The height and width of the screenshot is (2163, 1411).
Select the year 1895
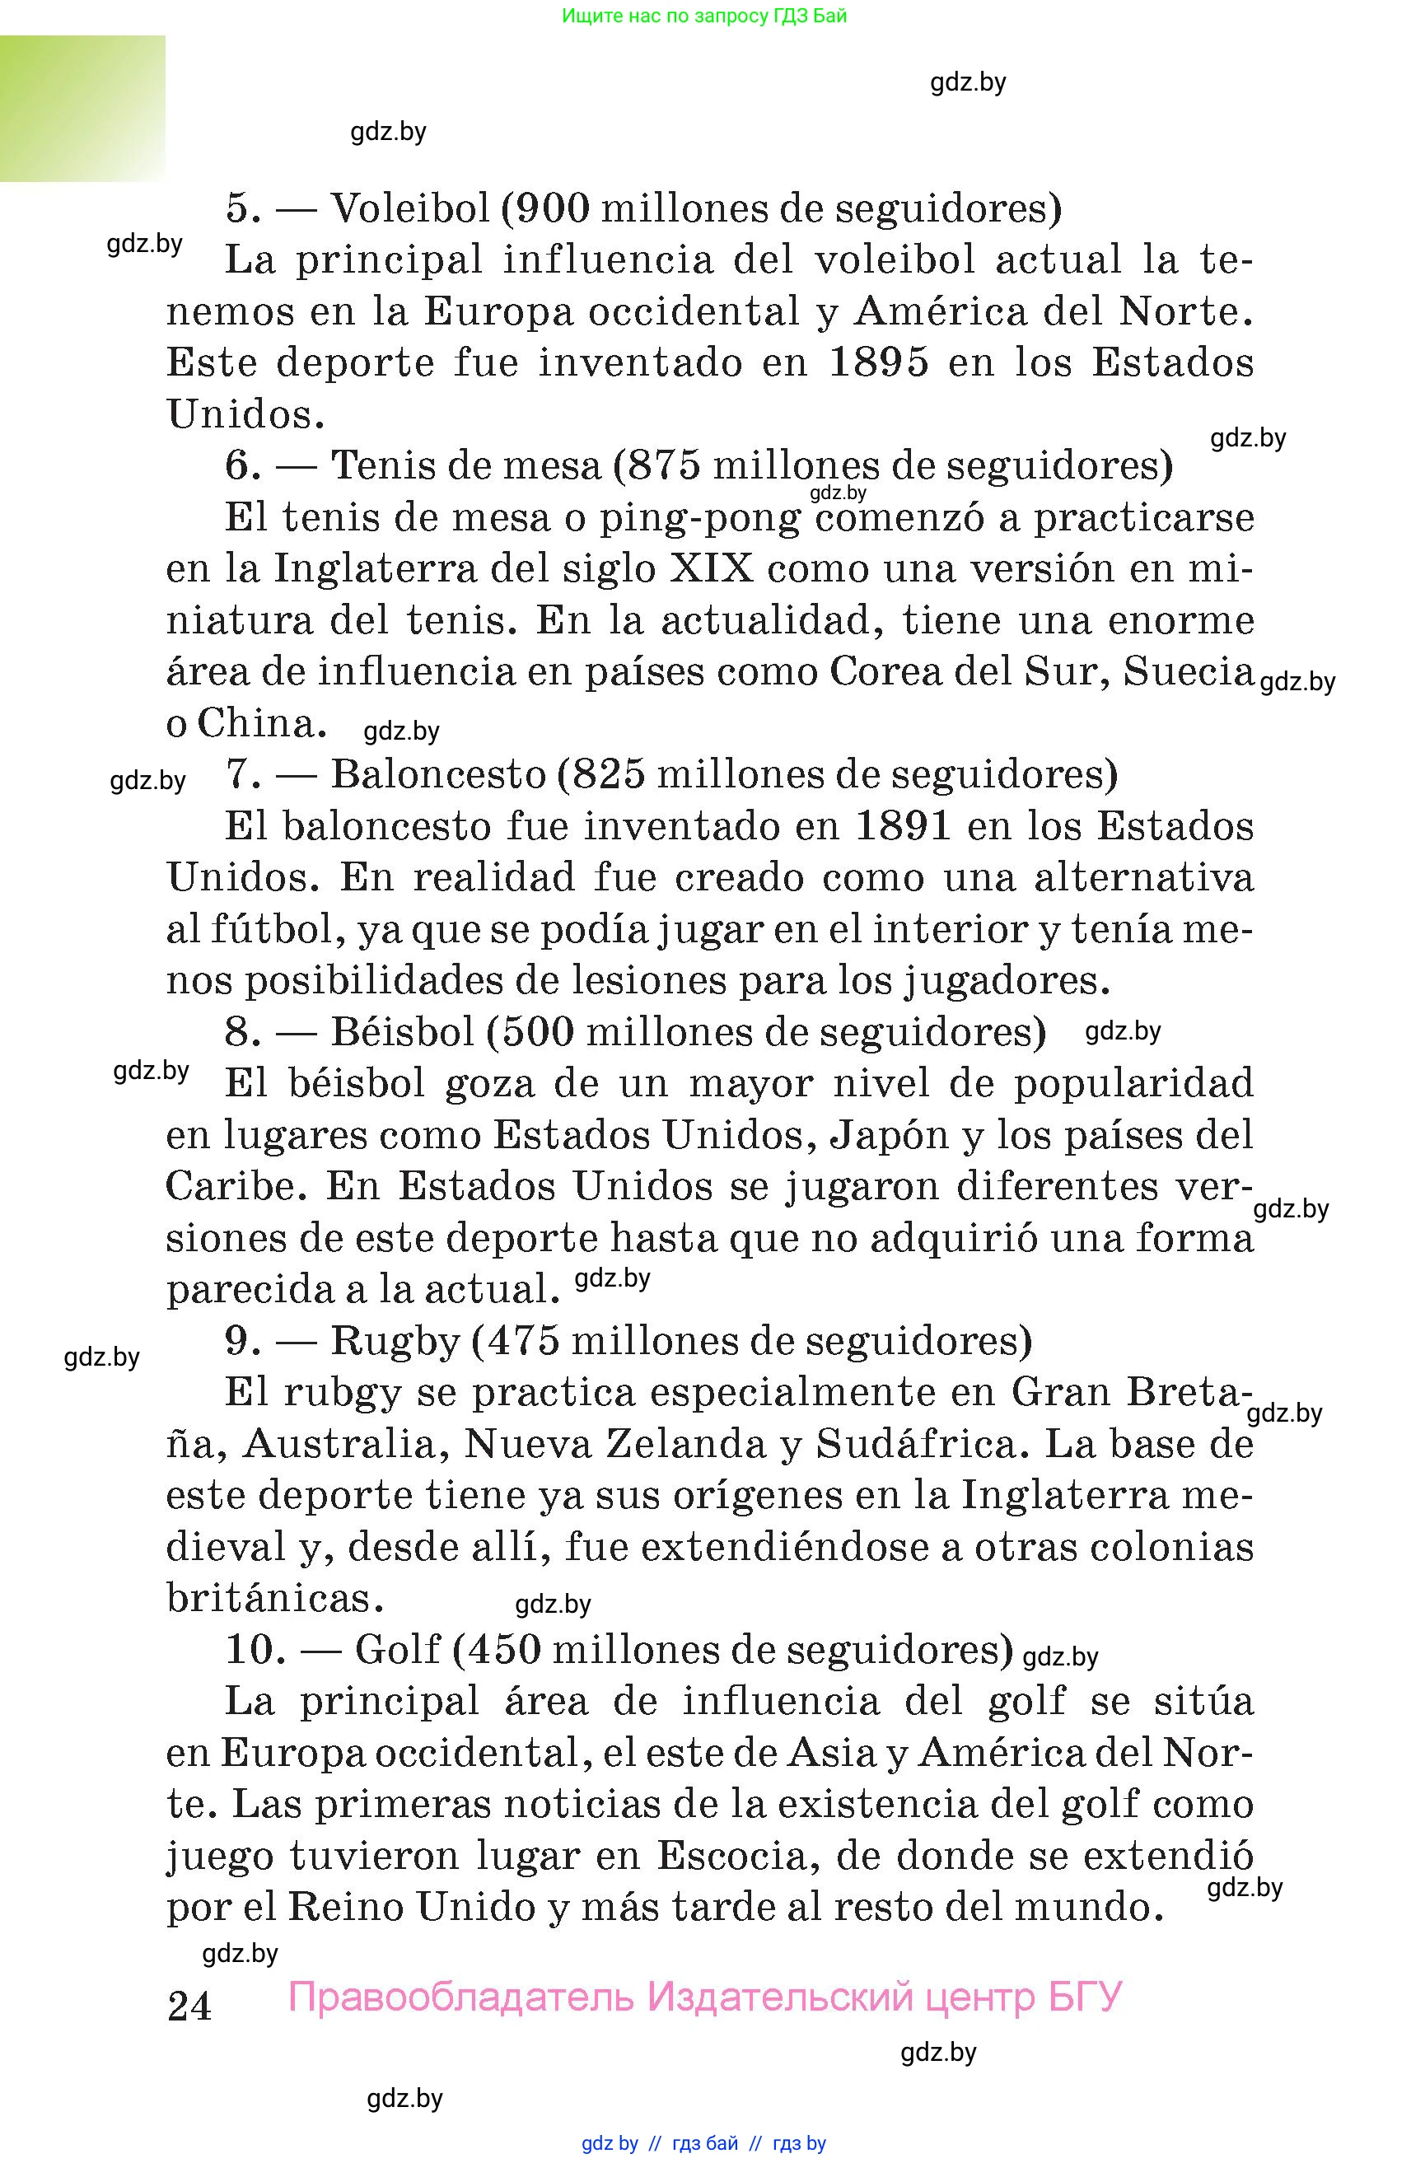point(879,362)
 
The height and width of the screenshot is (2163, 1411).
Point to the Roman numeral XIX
point(712,570)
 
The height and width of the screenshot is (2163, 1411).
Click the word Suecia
point(1189,672)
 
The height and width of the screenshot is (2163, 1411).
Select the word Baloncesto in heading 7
point(438,774)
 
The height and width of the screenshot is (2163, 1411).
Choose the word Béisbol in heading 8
point(403,1032)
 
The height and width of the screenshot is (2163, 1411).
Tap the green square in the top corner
point(82,108)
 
